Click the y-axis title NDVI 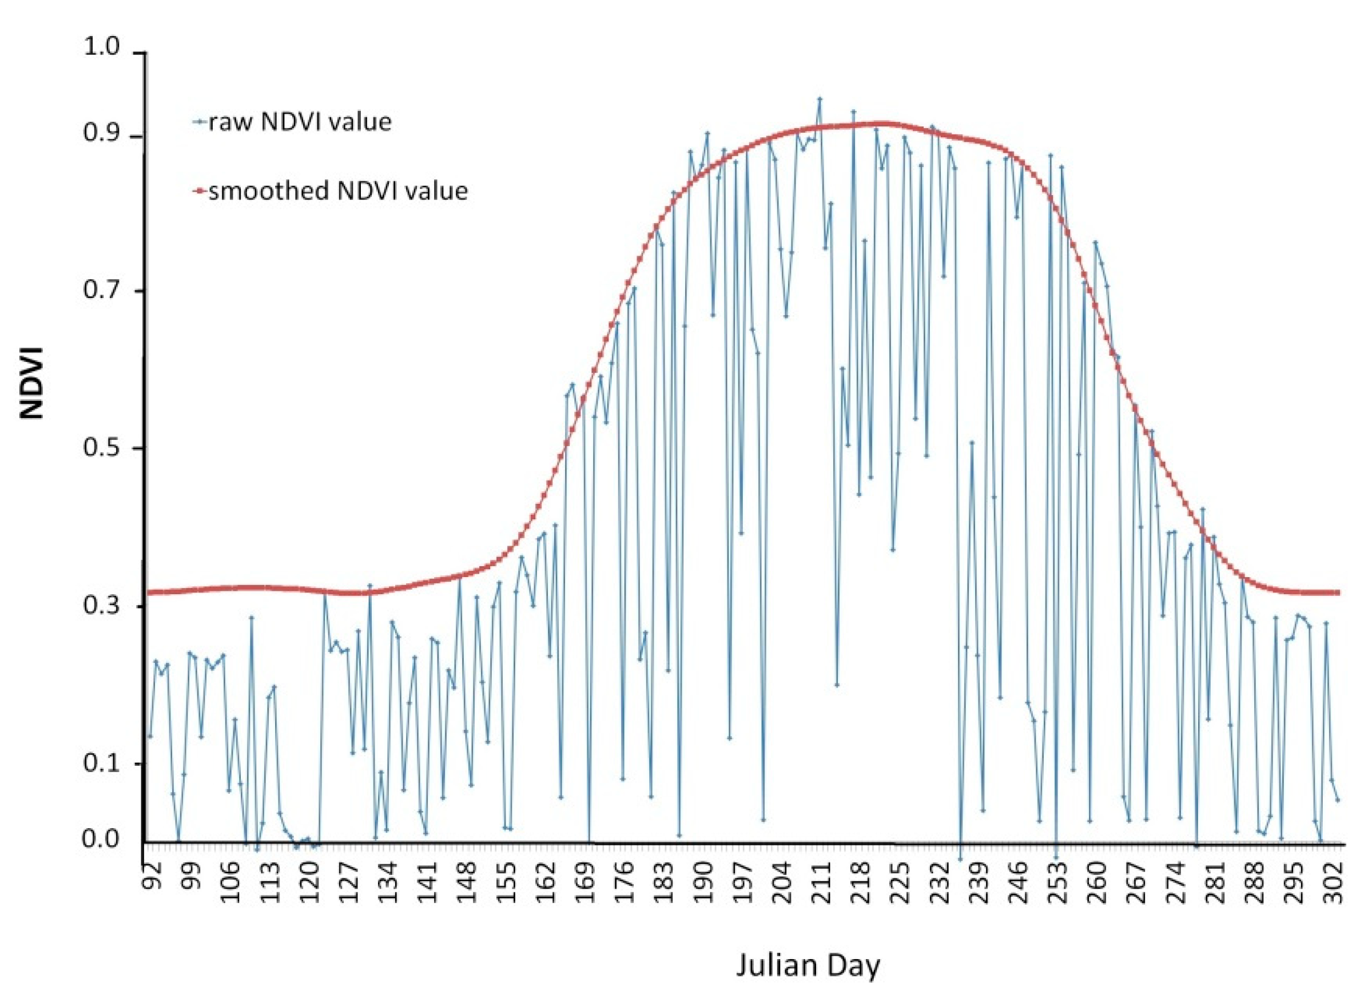[32, 383]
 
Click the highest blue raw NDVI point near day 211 [820, 98]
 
